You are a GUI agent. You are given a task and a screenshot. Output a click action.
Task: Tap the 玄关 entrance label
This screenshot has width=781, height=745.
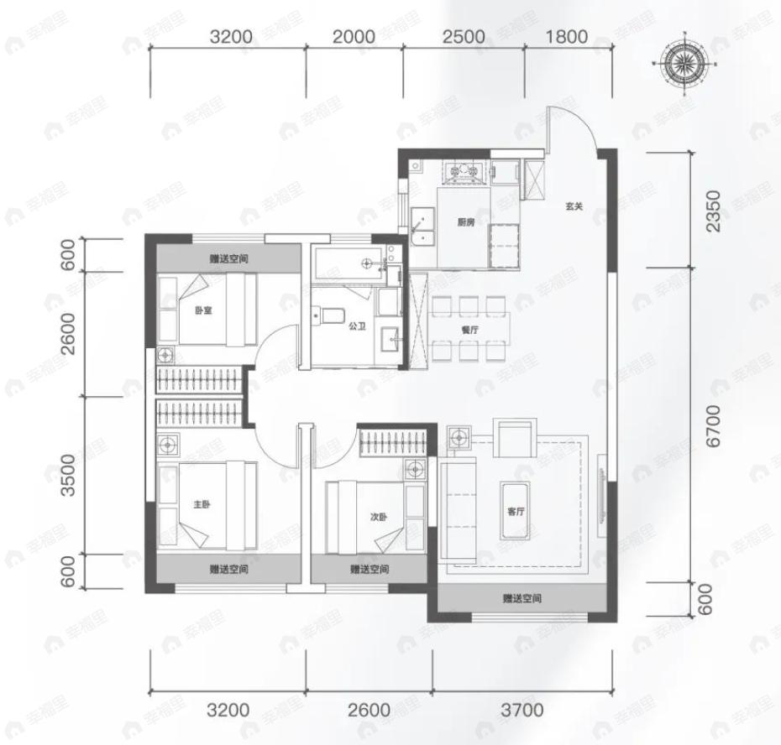click(574, 206)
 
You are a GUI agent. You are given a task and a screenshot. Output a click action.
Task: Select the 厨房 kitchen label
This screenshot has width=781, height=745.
click(466, 222)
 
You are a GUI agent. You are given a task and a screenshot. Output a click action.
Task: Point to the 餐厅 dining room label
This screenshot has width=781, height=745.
click(469, 330)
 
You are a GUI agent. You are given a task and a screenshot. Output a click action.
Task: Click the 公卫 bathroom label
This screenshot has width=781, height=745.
click(357, 326)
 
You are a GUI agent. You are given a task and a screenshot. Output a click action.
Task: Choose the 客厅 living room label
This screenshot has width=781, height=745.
click(516, 511)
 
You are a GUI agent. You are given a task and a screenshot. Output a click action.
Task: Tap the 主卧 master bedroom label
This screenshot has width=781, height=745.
click(202, 504)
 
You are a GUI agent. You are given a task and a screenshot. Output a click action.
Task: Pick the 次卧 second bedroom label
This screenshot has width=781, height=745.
click(379, 517)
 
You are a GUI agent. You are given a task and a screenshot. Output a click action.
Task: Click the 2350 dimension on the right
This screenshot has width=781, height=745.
click(713, 211)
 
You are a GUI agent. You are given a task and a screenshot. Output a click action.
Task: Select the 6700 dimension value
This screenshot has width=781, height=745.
click(713, 426)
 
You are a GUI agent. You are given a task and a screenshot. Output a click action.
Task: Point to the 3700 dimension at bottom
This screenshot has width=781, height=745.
click(522, 710)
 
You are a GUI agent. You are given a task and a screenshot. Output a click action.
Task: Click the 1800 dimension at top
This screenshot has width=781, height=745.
click(566, 37)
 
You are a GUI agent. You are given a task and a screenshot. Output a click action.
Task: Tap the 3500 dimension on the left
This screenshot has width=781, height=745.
click(68, 475)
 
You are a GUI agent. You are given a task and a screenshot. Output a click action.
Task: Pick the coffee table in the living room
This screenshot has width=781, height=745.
click(516, 510)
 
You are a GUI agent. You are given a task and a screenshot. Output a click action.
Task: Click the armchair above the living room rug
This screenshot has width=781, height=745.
click(515, 438)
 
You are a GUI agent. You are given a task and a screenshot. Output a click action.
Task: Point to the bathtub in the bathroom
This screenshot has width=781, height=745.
click(349, 263)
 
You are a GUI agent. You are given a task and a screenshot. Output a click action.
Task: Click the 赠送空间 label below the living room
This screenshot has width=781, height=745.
click(522, 598)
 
